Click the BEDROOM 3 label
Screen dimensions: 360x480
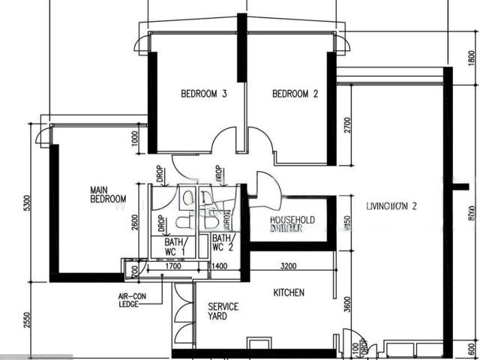point(203,94)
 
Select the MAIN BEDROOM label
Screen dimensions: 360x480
point(107,194)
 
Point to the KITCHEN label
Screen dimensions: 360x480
point(289,292)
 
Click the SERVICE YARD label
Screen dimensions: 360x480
point(223,311)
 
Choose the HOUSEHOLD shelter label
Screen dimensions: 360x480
point(292,223)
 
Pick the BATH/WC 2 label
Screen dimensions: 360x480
point(223,242)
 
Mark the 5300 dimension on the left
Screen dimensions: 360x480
point(26,203)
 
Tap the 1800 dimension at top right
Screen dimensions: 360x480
point(471,58)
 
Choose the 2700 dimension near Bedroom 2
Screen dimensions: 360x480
point(346,124)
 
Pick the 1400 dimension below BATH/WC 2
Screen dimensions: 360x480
point(220,265)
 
